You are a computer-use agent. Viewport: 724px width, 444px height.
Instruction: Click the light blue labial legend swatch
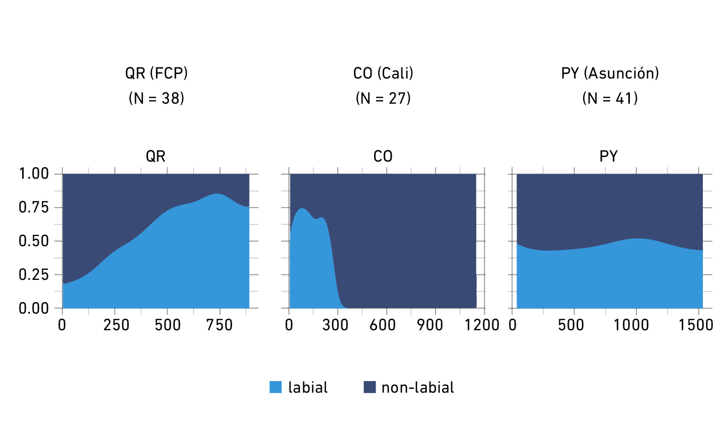click(x=275, y=387)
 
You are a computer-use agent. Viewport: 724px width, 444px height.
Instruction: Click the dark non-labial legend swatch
click(x=370, y=387)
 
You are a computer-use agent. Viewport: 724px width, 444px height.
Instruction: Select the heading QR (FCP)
click(x=156, y=73)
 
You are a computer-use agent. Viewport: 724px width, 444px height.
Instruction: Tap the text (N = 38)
click(x=156, y=98)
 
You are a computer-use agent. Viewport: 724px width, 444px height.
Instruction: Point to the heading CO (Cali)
click(x=383, y=73)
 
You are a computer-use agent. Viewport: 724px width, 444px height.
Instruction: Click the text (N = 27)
click(x=383, y=98)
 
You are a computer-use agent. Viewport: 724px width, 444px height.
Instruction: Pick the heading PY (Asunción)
click(x=610, y=73)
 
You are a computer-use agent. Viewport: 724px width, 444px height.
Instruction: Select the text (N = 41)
click(x=610, y=98)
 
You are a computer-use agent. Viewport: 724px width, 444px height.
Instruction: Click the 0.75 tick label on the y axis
click(x=34, y=207)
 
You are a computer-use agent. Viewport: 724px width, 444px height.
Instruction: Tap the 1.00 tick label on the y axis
click(x=34, y=174)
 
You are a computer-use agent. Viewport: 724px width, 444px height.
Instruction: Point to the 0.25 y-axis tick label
click(x=34, y=275)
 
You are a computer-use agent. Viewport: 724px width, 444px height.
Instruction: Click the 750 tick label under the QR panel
click(x=219, y=325)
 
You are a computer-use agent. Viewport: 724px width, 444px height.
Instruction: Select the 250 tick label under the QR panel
click(x=116, y=325)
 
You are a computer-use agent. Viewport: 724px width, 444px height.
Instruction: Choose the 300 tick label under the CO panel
click(x=335, y=325)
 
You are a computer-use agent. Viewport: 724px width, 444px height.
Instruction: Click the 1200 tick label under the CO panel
click(x=482, y=325)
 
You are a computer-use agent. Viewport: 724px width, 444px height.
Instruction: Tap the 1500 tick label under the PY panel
click(x=695, y=325)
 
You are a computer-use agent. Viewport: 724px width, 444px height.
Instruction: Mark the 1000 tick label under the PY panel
click(x=631, y=325)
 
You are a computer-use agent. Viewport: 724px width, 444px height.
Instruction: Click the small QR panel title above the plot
click(x=156, y=157)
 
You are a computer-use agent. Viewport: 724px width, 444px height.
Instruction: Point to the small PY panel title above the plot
click(x=608, y=157)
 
